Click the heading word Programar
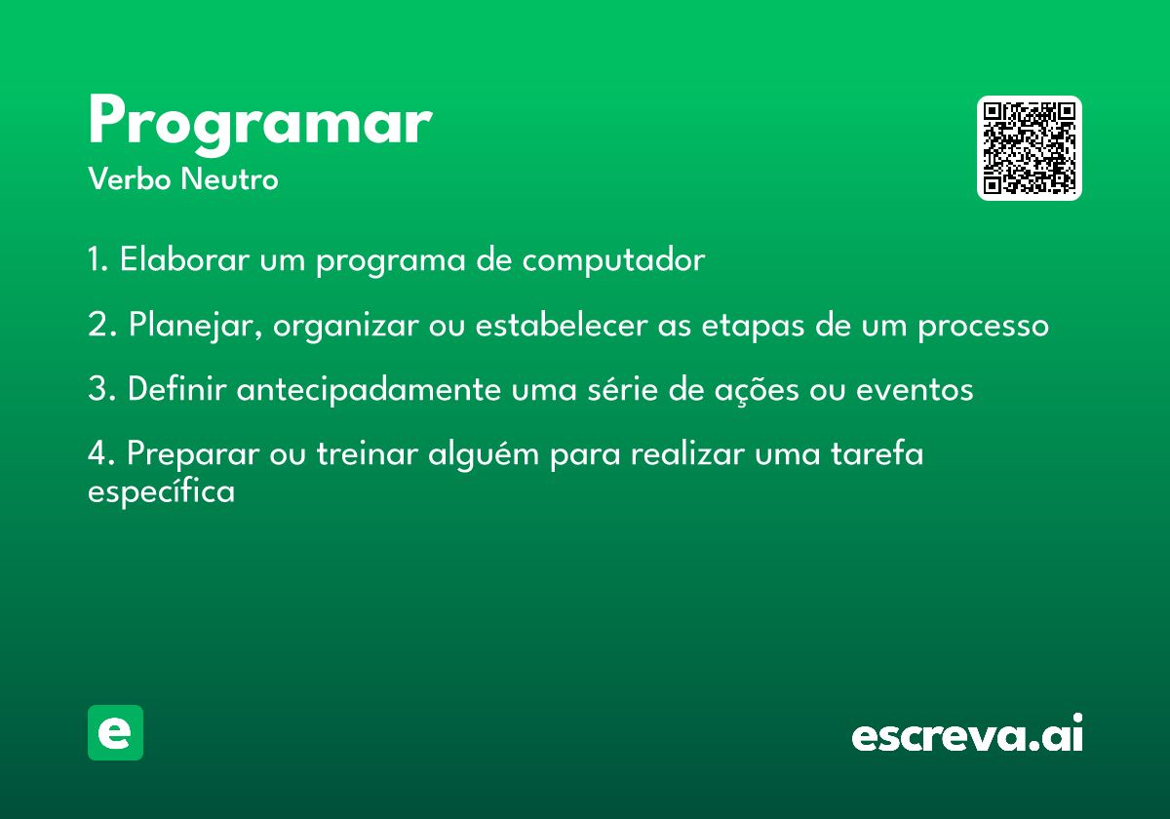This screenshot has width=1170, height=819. pyautogui.click(x=260, y=125)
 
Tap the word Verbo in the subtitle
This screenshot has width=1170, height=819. pyautogui.click(x=130, y=179)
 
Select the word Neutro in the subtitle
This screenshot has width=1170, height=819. pyautogui.click(x=229, y=179)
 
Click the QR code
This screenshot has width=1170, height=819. pyautogui.click(x=1029, y=148)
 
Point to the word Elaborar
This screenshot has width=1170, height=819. pyautogui.click(x=184, y=258)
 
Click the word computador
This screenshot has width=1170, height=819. pyautogui.click(x=613, y=260)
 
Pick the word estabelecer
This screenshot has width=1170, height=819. pyautogui.click(x=562, y=325)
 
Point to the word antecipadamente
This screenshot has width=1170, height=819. pyautogui.click(x=369, y=390)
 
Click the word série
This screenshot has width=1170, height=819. pyautogui.click(x=623, y=389)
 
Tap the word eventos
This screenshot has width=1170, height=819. pyautogui.click(x=915, y=390)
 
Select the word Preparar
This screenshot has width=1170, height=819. pyautogui.click(x=193, y=454)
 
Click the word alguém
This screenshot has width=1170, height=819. pyautogui.click(x=484, y=454)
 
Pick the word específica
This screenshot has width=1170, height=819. pyautogui.click(x=162, y=491)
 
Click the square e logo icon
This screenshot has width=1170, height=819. pyautogui.click(x=115, y=732)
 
